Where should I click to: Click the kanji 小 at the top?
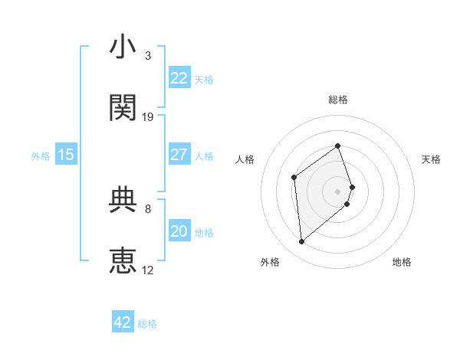(123, 48)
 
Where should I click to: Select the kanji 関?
(123, 109)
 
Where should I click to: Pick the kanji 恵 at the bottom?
(123, 260)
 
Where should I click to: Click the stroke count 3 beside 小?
(148, 56)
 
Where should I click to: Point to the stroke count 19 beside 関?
(148, 117)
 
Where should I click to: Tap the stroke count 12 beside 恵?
(148, 270)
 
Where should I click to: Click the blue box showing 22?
(179, 78)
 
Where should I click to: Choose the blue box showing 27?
(179, 155)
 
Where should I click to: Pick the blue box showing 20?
(179, 231)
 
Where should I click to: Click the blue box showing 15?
(66, 155)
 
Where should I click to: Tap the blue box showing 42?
(123, 322)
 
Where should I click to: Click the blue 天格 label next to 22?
(204, 80)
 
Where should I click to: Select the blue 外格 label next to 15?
(41, 156)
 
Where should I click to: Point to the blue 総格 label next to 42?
(147, 324)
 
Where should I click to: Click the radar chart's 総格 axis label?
(338, 100)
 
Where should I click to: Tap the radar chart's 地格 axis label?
(402, 263)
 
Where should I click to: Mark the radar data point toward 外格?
(302, 242)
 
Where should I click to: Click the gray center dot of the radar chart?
(338, 190)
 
